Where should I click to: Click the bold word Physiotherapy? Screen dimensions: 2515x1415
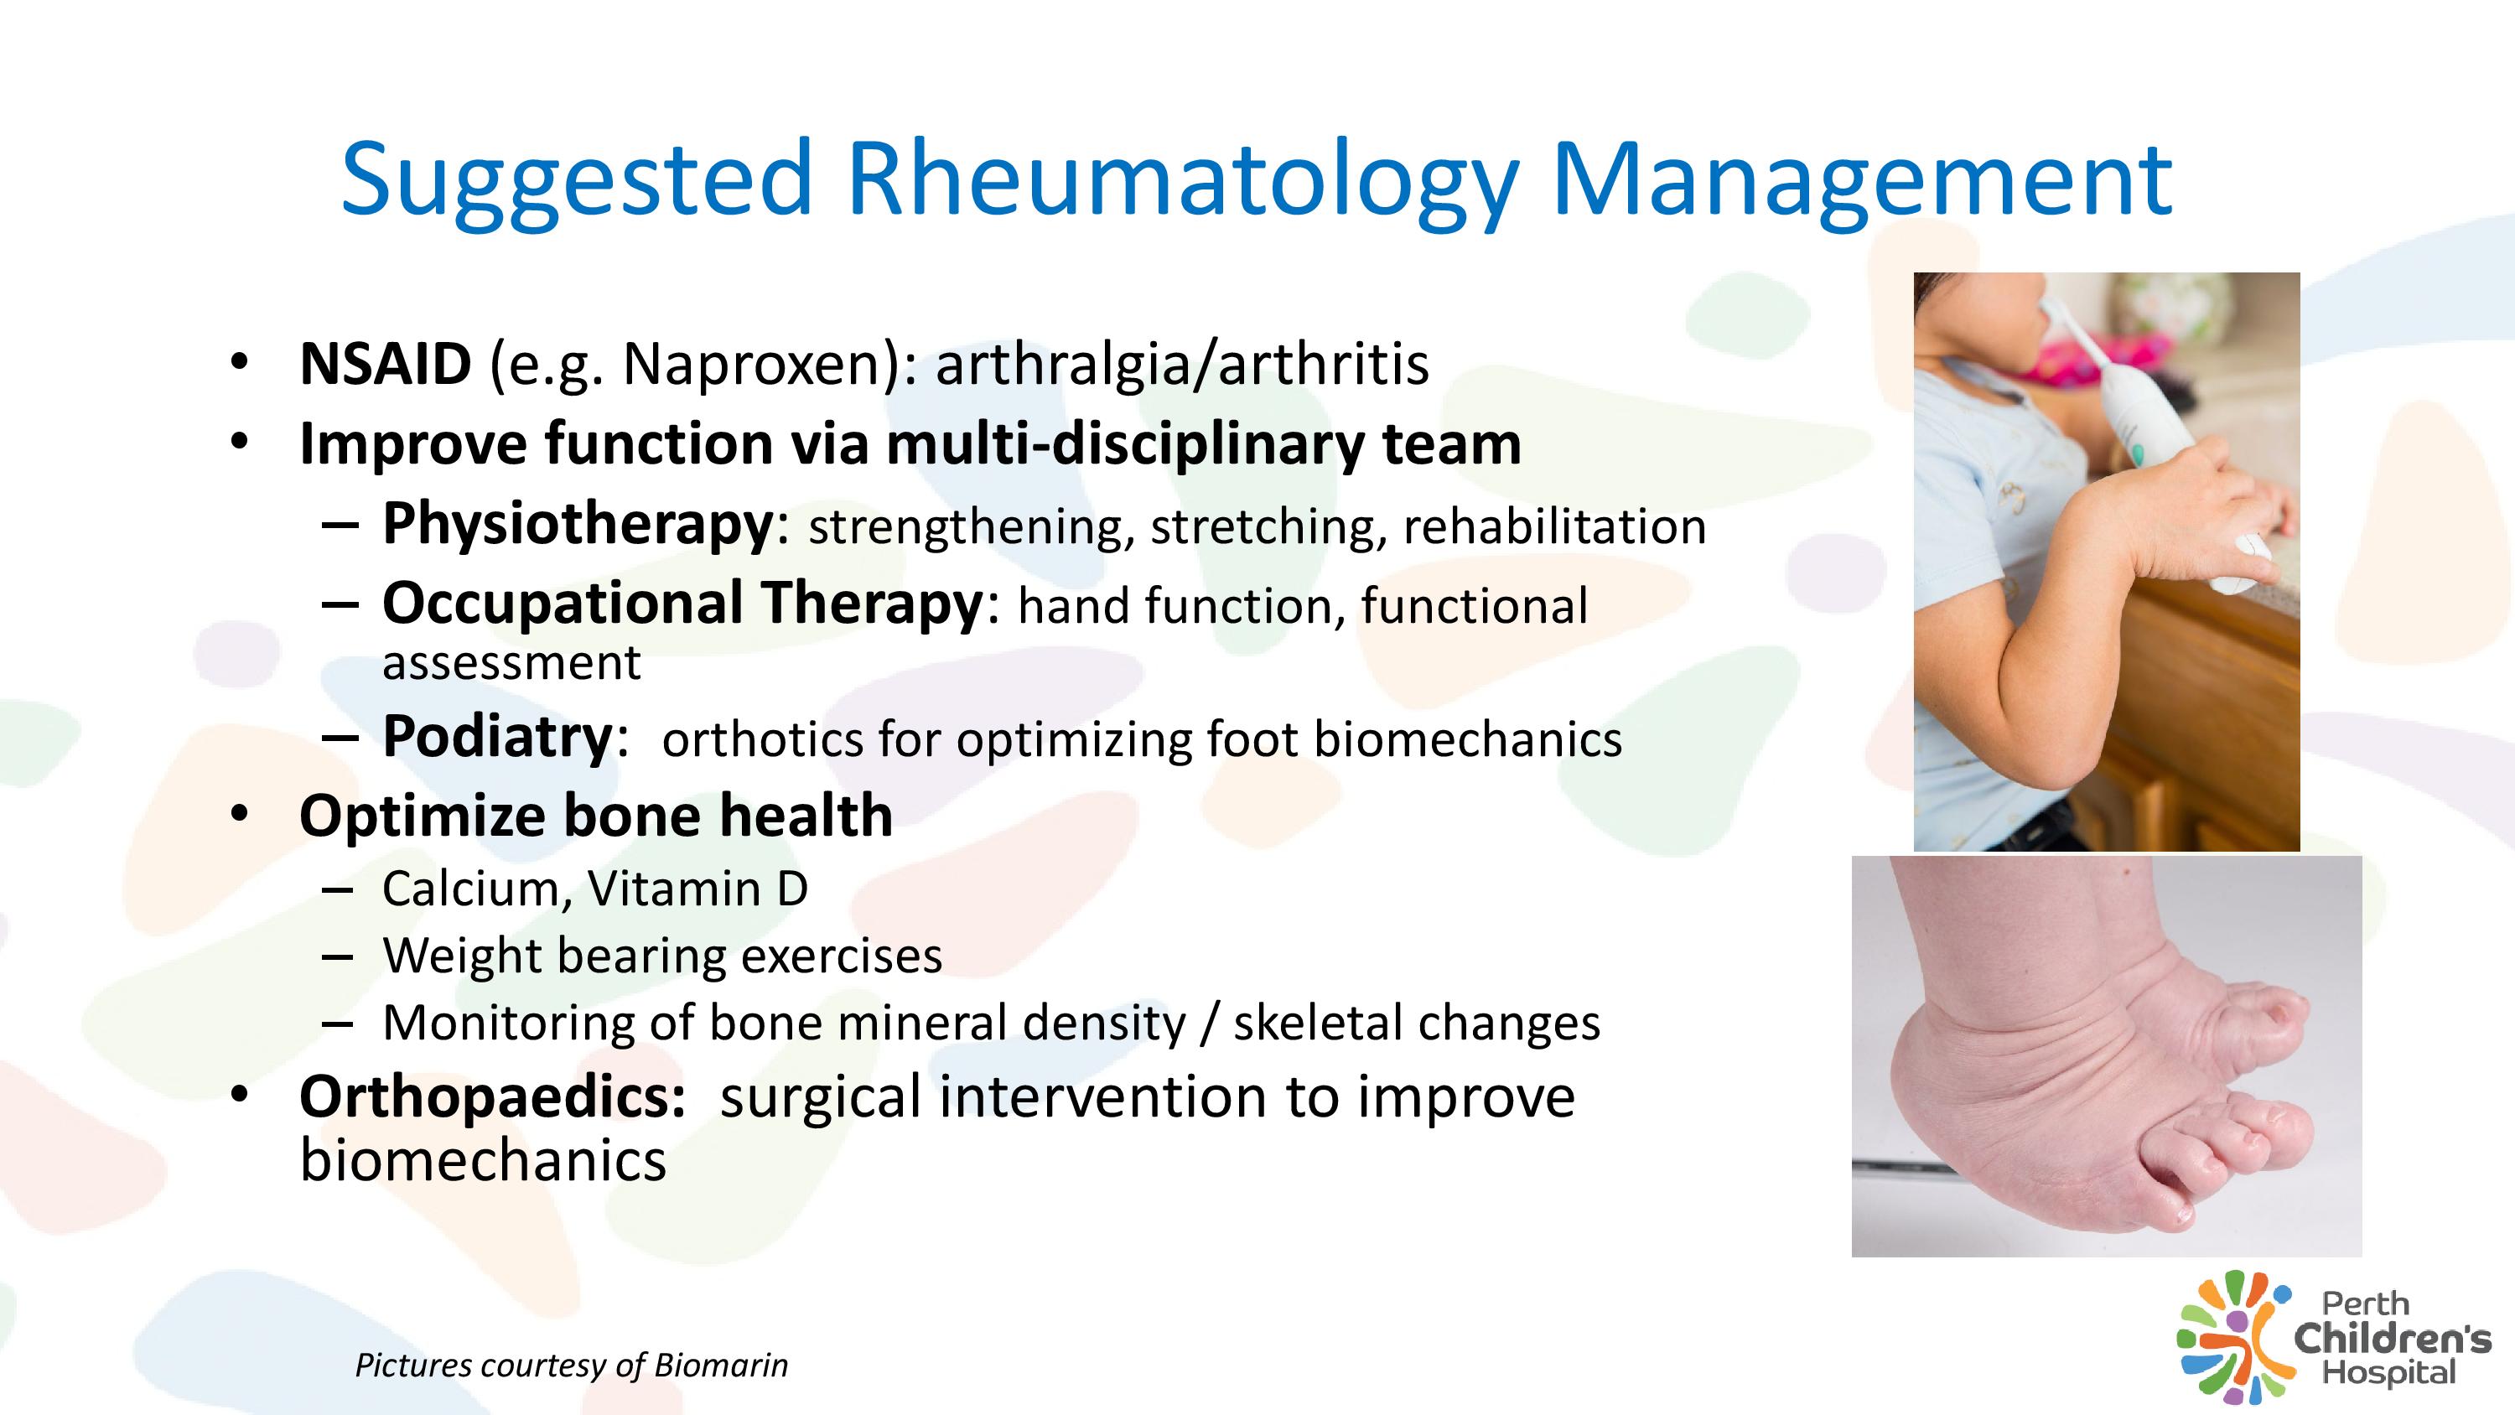pos(578,526)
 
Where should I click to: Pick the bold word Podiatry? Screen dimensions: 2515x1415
pos(497,738)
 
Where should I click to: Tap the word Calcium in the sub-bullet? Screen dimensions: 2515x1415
pos(469,890)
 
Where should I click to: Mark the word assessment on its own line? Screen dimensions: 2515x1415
pos(511,664)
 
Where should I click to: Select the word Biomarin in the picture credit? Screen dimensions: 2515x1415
pos(720,1366)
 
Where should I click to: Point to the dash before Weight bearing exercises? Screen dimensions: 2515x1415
pos(337,957)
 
